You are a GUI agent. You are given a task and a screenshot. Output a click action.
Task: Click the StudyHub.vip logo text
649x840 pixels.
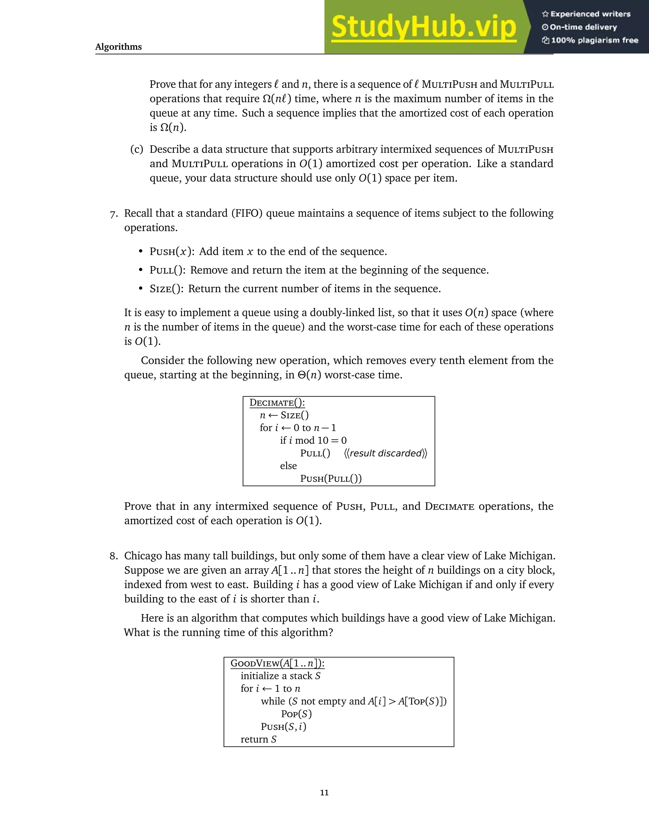[423, 27]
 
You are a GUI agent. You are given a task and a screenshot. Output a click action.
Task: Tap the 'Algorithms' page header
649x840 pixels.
[119, 47]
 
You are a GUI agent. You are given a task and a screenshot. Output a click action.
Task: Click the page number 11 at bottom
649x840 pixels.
[324, 792]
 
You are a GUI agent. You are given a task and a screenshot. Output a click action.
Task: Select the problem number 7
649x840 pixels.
[114, 214]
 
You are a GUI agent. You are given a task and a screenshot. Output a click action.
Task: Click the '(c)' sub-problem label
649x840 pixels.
[137, 149]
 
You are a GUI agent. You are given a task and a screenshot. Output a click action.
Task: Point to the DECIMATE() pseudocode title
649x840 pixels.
[277, 403]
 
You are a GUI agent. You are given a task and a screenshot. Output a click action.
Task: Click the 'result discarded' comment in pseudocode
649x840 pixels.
[386, 454]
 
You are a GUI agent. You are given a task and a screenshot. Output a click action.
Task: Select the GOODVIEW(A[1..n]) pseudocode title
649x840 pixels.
[277, 663]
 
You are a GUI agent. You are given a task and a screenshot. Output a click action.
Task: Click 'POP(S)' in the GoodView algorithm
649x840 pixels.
[296, 714]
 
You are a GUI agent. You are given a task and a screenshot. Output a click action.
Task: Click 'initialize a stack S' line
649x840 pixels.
[280, 676]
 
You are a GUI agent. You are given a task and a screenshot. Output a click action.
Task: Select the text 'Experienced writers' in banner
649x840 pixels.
[590, 14]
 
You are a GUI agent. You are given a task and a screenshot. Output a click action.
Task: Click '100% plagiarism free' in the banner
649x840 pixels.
[594, 40]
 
